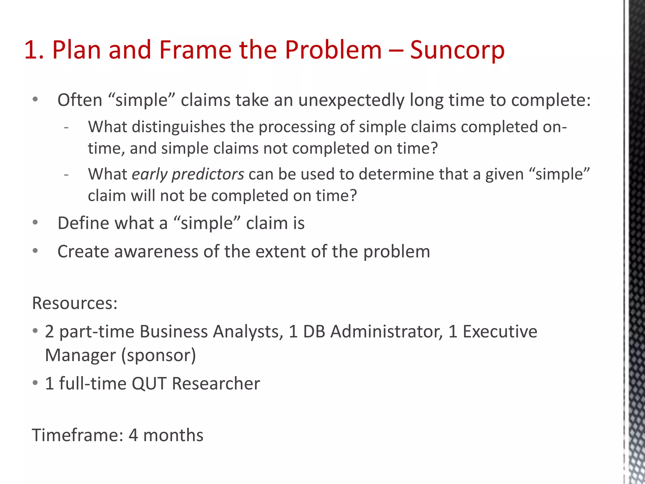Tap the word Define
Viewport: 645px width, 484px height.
coord(83,223)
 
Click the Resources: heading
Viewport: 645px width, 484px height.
coord(75,303)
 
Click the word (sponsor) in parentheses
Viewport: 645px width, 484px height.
coord(158,355)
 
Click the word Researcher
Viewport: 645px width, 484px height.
coord(216,384)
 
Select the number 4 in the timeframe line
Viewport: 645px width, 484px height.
coord(133,435)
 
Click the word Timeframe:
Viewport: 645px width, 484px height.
coord(77,435)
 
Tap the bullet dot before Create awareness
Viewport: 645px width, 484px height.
coord(35,251)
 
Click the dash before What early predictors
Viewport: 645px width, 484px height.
coord(66,175)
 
